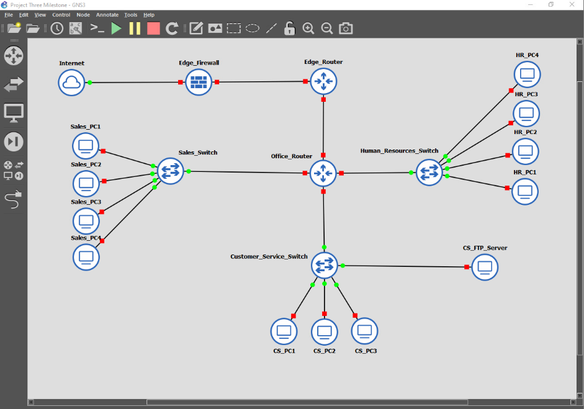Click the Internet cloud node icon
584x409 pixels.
click(x=72, y=82)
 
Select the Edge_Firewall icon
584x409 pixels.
click(x=199, y=82)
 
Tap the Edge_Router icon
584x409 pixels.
click(x=323, y=81)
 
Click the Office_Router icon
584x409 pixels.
click(x=323, y=173)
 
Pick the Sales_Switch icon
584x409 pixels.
click(x=170, y=171)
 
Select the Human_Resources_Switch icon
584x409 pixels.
click(x=428, y=172)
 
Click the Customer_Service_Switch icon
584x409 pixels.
click(x=324, y=266)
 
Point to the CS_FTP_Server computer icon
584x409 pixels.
click(x=485, y=267)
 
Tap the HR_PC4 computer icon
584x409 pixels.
click(x=527, y=74)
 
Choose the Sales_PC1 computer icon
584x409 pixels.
click(x=86, y=146)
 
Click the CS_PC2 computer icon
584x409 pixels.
click(x=324, y=331)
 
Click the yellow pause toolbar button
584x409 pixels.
click(x=135, y=28)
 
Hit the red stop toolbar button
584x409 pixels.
click(x=153, y=28)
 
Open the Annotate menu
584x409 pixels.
click(x=107, y=14)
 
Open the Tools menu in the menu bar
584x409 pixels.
click(x=131, y=14)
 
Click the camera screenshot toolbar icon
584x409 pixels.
click(x=346, y=28)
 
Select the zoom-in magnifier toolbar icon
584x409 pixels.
click(x=308, y=28)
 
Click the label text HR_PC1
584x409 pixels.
click(x=525, y=171)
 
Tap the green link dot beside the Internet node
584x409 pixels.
click(x=90, y=83)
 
